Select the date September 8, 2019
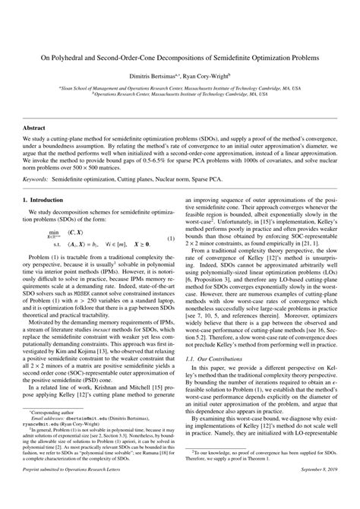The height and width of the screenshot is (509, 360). pos(317,498)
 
